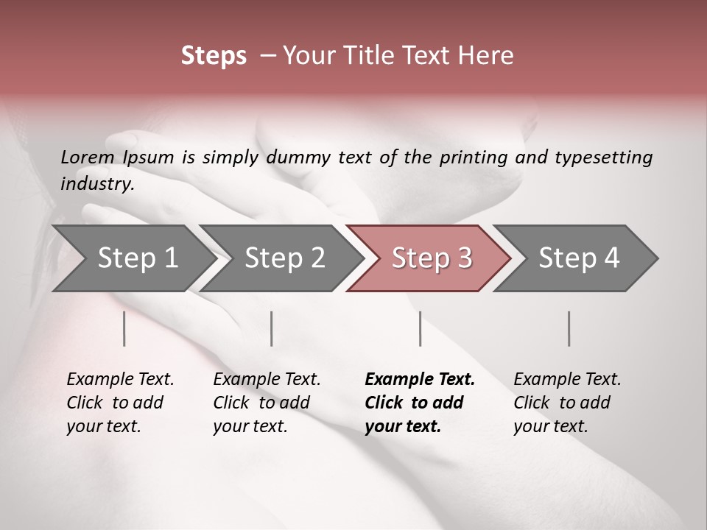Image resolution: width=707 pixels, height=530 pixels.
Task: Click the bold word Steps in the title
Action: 214,56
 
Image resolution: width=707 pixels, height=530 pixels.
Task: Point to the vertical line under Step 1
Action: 124,328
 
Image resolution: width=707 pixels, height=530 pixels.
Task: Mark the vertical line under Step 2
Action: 272,328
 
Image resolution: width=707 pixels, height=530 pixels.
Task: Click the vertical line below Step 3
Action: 420,328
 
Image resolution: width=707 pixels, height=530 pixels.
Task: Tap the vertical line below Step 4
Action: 569,328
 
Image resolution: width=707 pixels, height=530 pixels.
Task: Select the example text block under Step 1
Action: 120,403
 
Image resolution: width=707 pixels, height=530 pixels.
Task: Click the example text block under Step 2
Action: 267,403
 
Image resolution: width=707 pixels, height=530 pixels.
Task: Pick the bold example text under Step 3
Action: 419,403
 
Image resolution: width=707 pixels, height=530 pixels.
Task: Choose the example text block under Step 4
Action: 566,403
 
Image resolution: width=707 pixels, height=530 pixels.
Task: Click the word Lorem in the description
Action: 88,158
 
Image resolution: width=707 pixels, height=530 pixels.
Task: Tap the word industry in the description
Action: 96,184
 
